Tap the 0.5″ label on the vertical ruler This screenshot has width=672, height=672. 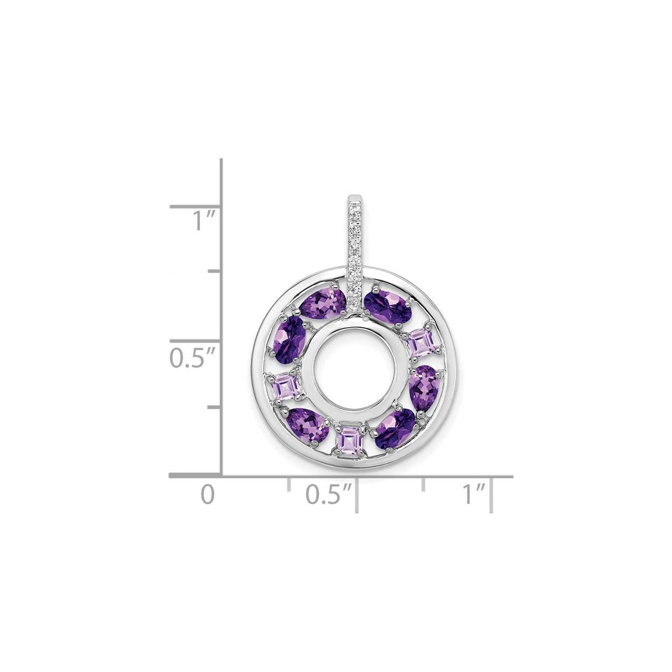coord(192,357)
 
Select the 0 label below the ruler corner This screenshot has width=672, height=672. coord(207,494)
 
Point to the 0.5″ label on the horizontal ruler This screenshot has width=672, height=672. coord(329,494)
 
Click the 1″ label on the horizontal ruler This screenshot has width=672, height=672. coord(474,494)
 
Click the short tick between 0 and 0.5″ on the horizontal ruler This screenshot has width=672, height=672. coord(288,483)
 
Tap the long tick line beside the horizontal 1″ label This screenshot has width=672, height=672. coord(491,496)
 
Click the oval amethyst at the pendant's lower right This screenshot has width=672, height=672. coord(395,428)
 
